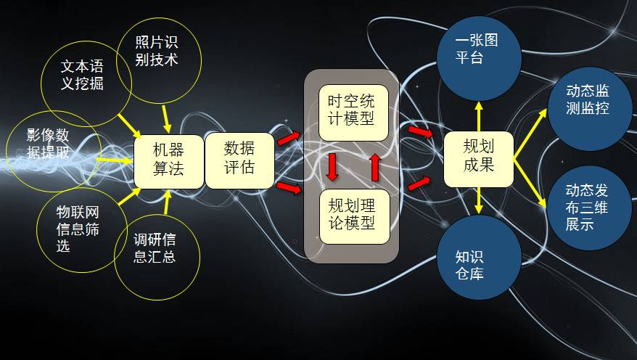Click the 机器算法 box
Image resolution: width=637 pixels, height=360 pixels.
(168, 160)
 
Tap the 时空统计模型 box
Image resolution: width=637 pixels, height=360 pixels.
(353, 112)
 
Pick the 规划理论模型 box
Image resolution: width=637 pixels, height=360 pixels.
(354, 216)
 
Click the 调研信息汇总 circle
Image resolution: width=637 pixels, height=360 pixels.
(155, 247)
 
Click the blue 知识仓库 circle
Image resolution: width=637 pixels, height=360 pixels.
(478, 264)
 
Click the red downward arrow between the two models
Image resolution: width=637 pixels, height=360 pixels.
(332, 166)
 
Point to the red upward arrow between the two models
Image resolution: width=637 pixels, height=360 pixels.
(375, 166)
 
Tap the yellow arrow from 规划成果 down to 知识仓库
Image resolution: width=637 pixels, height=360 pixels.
(478, 199)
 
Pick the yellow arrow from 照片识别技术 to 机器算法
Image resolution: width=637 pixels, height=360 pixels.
(166, 115)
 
